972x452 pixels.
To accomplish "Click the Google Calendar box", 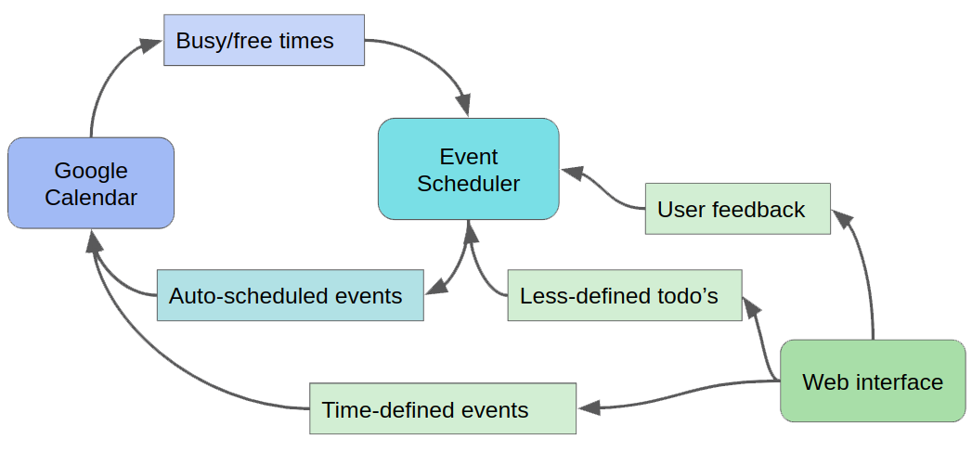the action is [91, 183].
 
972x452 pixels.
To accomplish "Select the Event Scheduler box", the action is [469, 169].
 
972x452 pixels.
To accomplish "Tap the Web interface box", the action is [873, 381].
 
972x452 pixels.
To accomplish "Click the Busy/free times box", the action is [264, 40].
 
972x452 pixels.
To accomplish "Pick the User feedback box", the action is [738, 209].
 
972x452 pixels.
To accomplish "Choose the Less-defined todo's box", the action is [625, 295].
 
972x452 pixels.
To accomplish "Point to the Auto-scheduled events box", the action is [290, 295].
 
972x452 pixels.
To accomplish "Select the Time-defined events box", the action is [443, 408].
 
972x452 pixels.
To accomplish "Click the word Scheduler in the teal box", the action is [469, 184].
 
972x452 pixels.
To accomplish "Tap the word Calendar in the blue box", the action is [91, 197].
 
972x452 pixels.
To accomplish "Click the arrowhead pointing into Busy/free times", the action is [150, 45].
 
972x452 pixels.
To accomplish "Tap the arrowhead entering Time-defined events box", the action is [589, 407].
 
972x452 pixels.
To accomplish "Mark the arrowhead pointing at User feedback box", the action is [843, 219].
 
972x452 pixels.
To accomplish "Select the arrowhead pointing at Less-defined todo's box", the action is [751, 307].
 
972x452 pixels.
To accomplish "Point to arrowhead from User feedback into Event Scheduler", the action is [573, 173].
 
